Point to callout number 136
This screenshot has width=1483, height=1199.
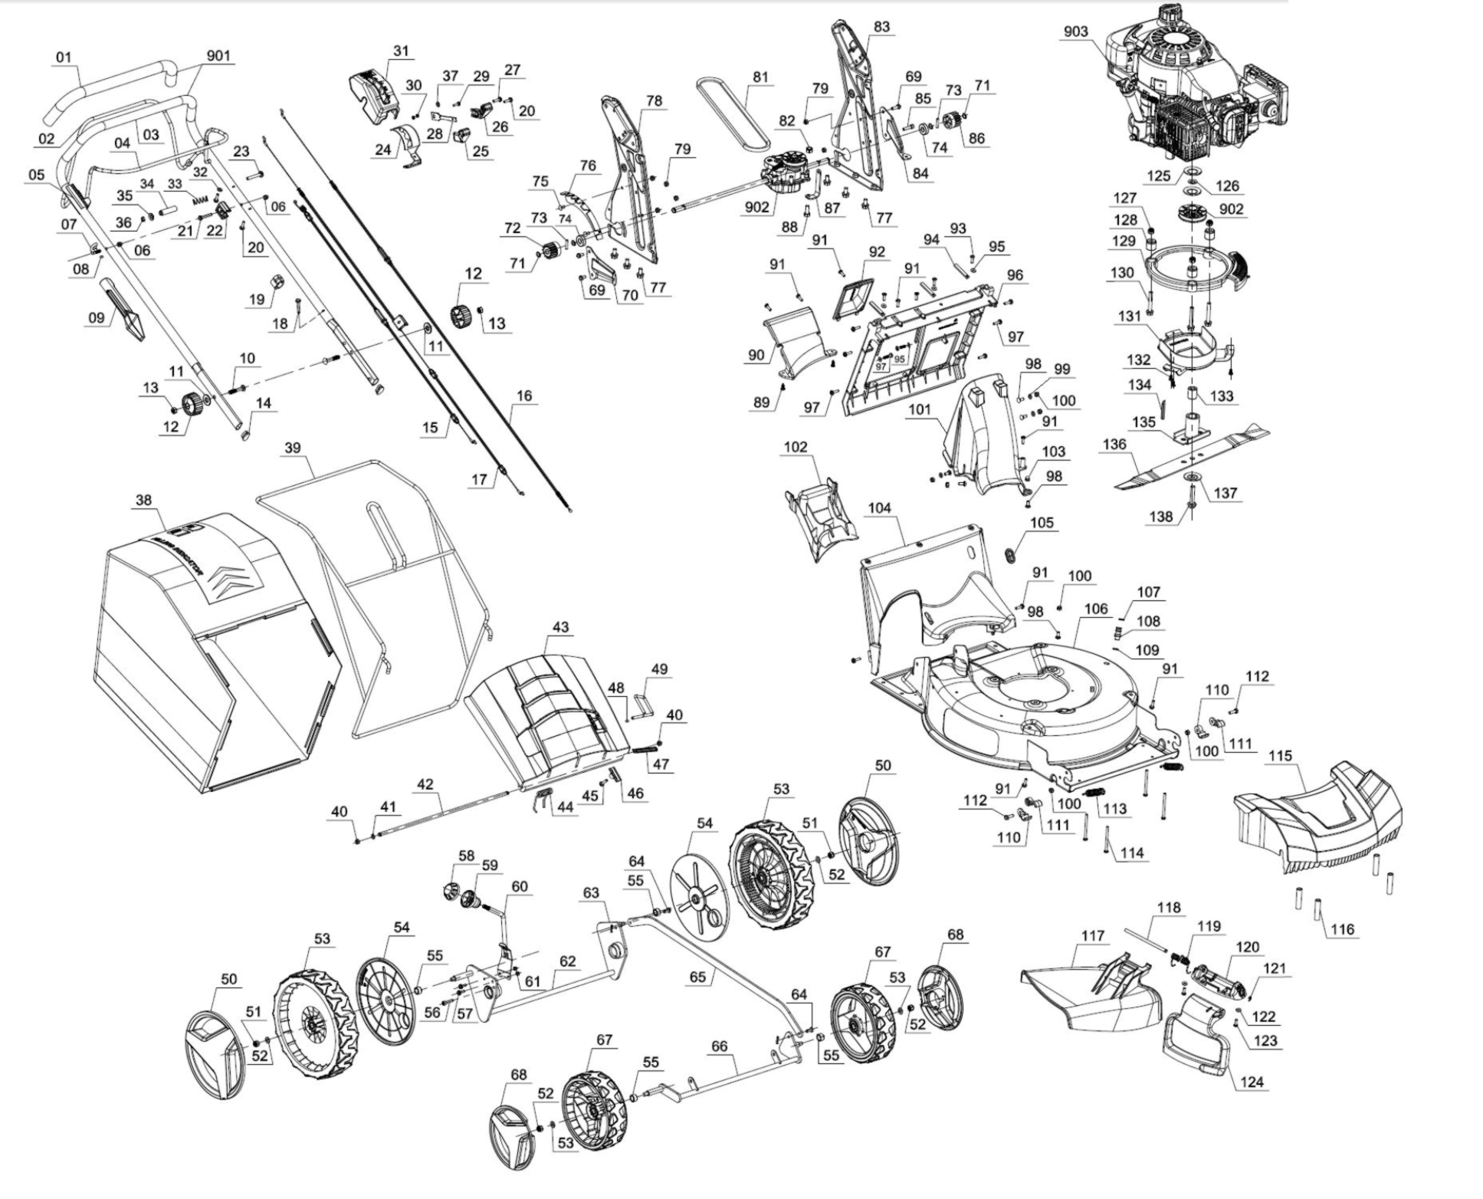click(x=1114, y=444)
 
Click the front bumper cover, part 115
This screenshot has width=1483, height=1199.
click(x=1317, y=816)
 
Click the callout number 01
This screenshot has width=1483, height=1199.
click(x=64, y=57)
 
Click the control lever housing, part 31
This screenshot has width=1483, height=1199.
click(x=376, y=96)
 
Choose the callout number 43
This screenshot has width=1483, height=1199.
click(x=560, y=626)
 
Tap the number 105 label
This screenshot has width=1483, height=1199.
click(x=1042, y=522)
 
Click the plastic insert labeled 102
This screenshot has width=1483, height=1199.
click(x=820, y=519)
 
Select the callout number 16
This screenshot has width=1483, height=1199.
click(x=524, y=396)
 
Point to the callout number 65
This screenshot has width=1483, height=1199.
click(x=697, y=977)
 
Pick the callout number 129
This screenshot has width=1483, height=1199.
click(x=1123, y=241)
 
